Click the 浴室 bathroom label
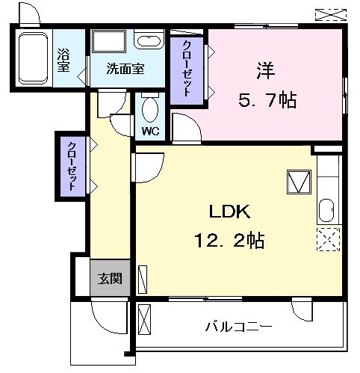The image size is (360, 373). (63, 61)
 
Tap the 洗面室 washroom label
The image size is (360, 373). (125, 70)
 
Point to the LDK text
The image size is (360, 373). (223, 212)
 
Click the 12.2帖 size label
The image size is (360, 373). (227, 241)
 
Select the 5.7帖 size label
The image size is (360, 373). (268, 99)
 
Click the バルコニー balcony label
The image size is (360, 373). (238, 327)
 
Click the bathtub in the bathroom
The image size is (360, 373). (32, 58)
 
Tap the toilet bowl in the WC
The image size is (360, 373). (149, 110)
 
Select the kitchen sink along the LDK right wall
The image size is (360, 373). (327, 211)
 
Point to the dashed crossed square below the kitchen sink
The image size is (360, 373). (327, 240)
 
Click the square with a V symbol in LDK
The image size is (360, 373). (298, 182)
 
